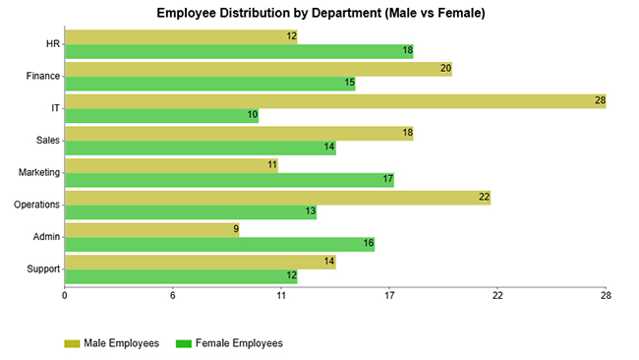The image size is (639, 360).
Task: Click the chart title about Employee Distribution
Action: click(x=320, y=13)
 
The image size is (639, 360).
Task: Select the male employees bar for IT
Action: click(x=334, y=101)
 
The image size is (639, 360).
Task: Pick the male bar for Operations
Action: click(x=276, y=198)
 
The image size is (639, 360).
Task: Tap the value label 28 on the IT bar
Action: click(x=598, y=101)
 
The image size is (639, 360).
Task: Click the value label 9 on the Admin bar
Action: click(x=235, y=230)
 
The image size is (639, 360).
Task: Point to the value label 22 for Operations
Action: click(x=484, y=198)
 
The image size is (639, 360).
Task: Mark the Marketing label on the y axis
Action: click(x=39, y=173)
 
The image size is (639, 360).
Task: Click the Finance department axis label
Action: click(x=43, y=76)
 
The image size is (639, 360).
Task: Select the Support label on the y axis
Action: click(x=43, y=270)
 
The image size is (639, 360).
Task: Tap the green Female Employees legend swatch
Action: click(x=183, y=343)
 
